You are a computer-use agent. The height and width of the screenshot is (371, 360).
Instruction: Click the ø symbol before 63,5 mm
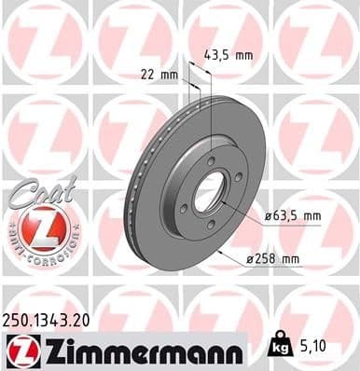point(267,216)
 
